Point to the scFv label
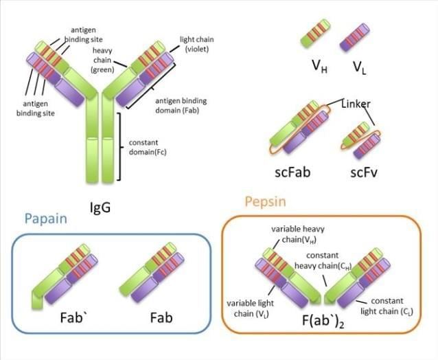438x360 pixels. (x=361, y=171)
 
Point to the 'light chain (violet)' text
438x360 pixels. (x=196, y=44)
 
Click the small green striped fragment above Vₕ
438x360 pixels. (x=316, y=35)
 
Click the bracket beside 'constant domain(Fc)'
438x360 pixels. (x=121, y=146)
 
